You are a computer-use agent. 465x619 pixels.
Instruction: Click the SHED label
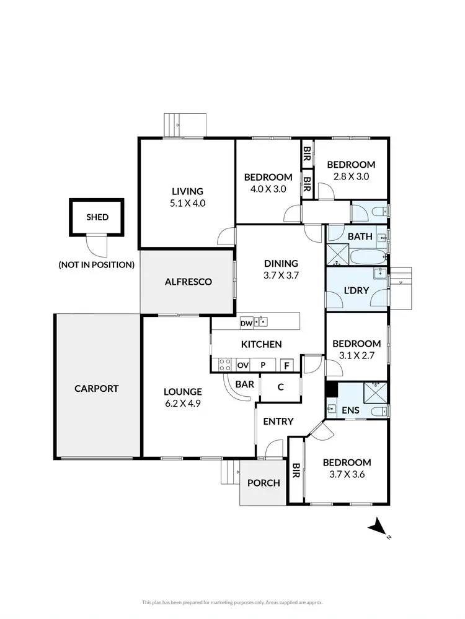[x=97, y=217]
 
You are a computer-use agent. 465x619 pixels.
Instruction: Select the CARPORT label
[x=96, y=389]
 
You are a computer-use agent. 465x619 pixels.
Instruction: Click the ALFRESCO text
[x=188, y=282]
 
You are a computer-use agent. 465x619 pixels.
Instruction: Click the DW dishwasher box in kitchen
[x=246, y=322]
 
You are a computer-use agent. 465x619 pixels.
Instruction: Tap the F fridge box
[x=286, y=365]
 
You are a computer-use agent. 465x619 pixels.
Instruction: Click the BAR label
[x=245, y=384]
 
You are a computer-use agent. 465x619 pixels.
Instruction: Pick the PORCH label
[x=263, y=483]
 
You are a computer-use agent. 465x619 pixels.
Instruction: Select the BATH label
[x=360, y=236]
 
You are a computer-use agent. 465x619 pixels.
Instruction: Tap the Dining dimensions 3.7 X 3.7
[x=281, y=275]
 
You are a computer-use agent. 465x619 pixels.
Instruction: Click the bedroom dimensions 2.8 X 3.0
[x=351, y=176]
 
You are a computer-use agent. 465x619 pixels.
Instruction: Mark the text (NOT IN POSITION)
[x=96, y=265]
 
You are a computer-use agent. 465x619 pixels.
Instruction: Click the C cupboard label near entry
[x=280, y=387]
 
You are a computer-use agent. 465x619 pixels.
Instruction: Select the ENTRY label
[x=278, y=422]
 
